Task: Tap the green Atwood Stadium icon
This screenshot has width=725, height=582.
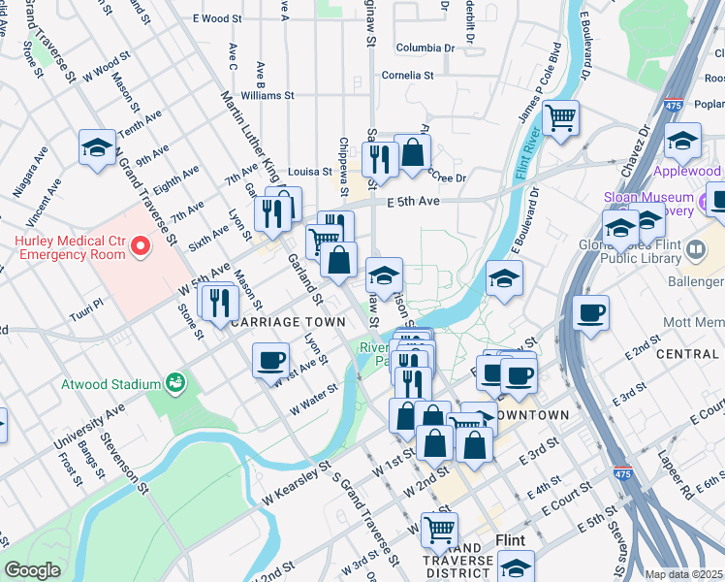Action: [175, 383]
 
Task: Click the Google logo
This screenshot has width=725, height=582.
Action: [32, 570]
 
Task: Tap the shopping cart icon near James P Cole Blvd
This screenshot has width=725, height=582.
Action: [560, 118]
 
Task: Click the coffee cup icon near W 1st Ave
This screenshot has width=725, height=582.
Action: [269, 361]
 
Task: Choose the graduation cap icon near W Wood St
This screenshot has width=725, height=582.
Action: [97, 147]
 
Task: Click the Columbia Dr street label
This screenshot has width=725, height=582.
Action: [425, 47]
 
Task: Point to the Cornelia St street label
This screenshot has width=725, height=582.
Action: [407, 74]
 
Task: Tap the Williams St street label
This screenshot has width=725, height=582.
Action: [268, 95]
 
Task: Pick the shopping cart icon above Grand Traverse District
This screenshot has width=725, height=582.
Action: [440, 529]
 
